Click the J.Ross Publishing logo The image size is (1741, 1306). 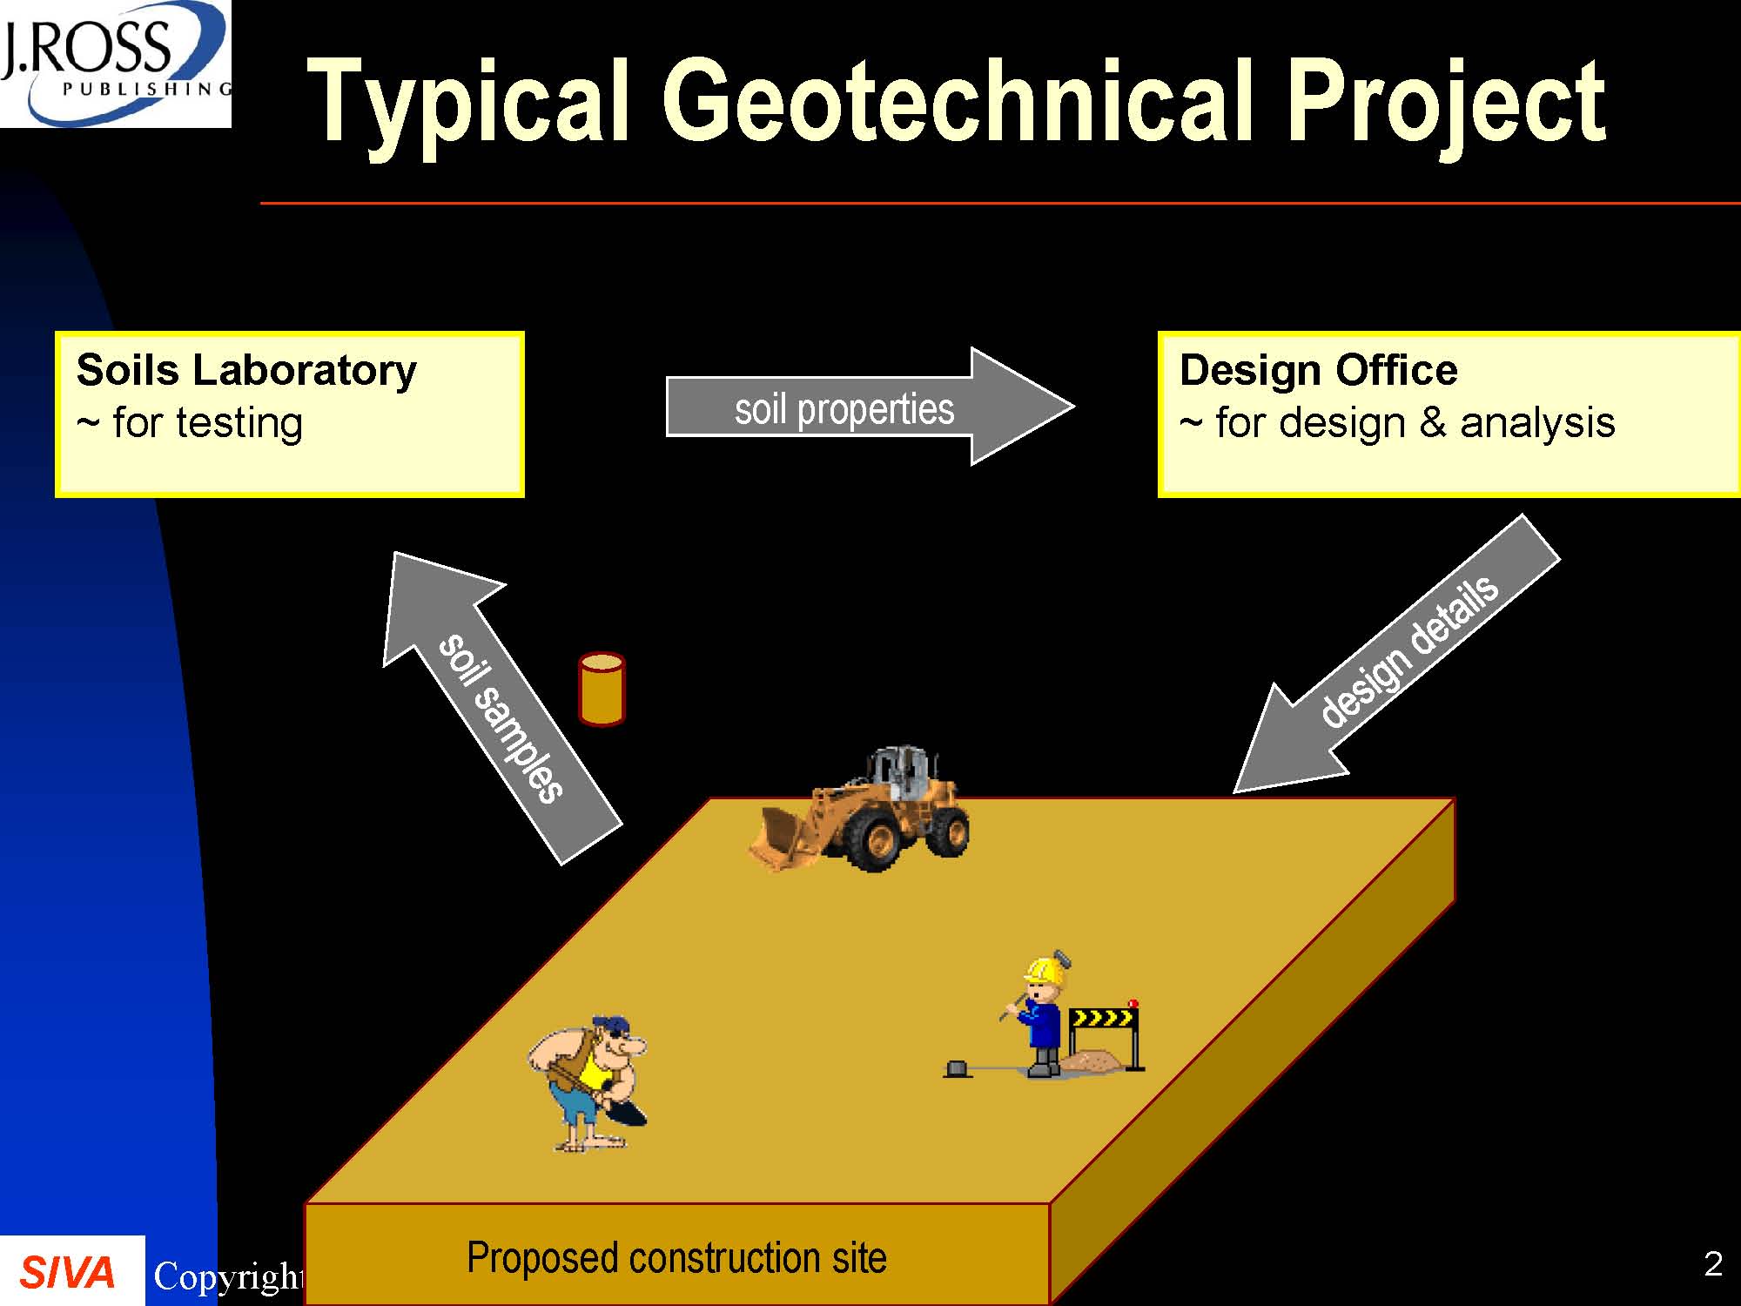pos(115,64)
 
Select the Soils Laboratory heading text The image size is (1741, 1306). pos(246,370)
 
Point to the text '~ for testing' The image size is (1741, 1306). pos(190,423)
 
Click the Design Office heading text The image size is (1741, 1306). pos(1318,370)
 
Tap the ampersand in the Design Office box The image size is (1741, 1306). pos(1433,423)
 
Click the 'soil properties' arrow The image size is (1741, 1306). pos(870,407)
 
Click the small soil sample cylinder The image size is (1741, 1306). pos(602,689)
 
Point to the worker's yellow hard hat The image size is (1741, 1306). pos(1045,970)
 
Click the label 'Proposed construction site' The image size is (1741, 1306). pos(676,1258)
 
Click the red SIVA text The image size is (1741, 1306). pos(67,1273)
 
